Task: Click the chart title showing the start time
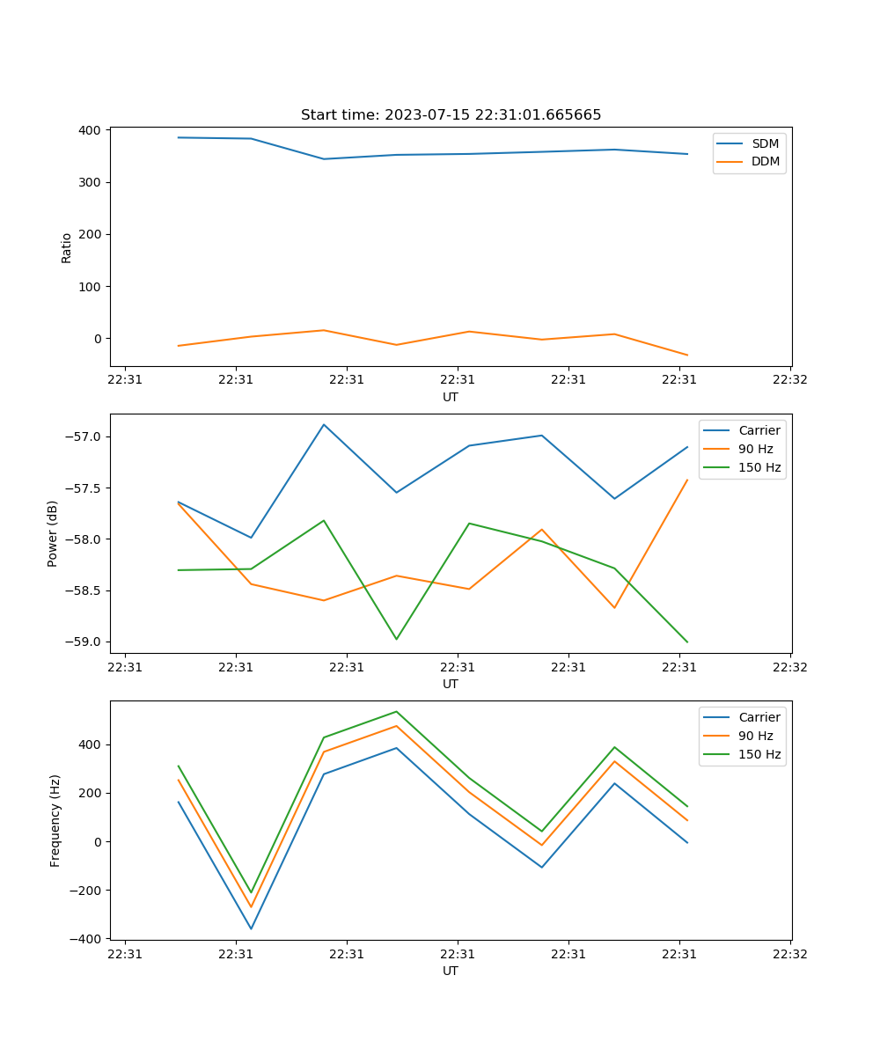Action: coord(451,115)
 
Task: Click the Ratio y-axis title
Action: coord(67,247)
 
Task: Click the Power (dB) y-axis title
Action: coord(53,533)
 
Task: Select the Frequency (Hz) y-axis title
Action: coord(55,821)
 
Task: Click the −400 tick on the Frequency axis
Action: coord(88,939)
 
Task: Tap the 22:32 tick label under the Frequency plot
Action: coord(789,953)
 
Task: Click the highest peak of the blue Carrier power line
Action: coord(324,424)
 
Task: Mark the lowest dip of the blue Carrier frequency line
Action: coord(251,928)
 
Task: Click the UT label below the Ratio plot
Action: coord(451,397)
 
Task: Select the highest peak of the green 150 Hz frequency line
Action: coord(396,711)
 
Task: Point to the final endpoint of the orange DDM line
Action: coord(687,356)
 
